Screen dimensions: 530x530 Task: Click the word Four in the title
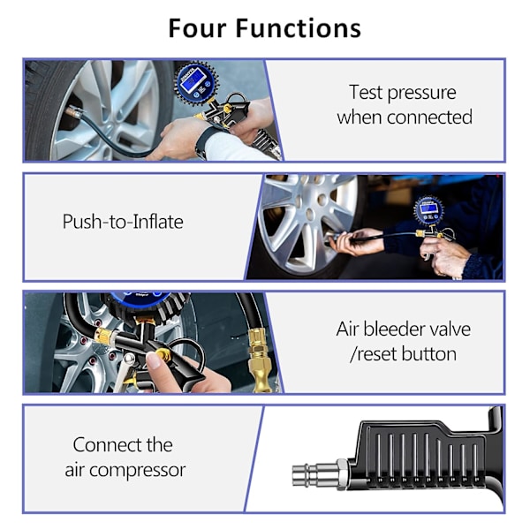click(197, 28)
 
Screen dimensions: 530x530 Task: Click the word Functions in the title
click(299, 28)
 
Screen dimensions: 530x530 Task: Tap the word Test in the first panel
click(366, 92)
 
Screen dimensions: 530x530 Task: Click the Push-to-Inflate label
click(123, 222)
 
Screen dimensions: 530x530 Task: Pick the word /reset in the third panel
click(374, 354)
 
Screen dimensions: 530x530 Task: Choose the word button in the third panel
click(429, 354)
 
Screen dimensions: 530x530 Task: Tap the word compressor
click(137, 470)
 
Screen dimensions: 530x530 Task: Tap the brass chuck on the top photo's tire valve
click(73, 112)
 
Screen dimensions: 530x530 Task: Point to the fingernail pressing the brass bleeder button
click(154, 360)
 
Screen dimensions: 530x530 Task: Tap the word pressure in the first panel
click(422, 94)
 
